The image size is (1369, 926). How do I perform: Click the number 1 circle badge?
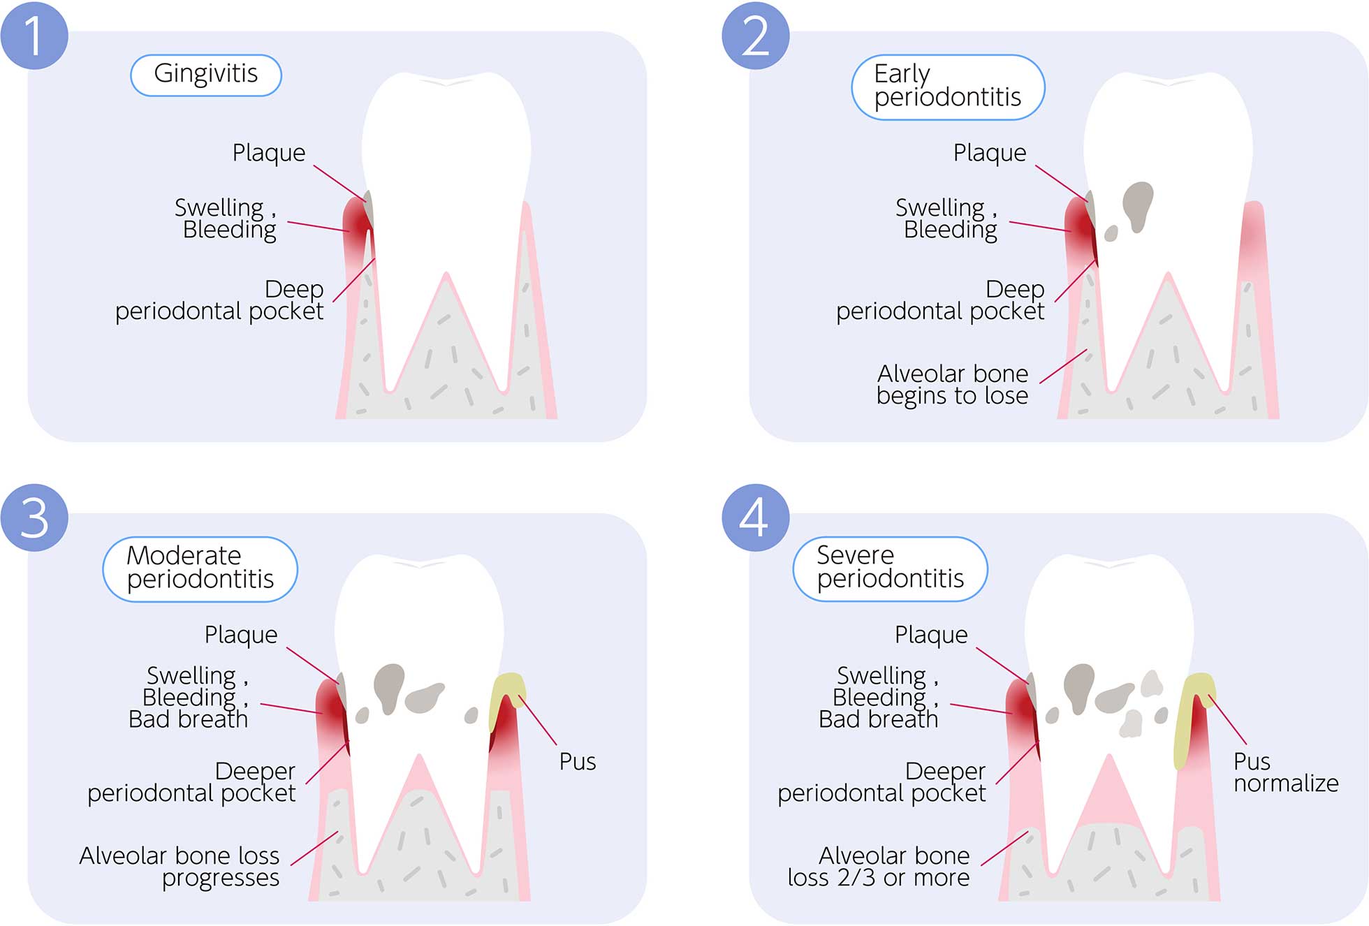tap(34, 35)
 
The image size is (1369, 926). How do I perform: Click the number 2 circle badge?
tap(755, 35)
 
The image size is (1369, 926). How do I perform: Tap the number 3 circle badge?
tap(34, 517)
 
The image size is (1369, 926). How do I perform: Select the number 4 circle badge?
tap(755, 517)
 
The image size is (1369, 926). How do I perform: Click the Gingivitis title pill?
tap(205, 75)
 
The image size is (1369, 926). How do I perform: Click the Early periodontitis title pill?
tap(947, 87)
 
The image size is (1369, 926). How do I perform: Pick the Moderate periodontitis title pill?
tap(200, 568)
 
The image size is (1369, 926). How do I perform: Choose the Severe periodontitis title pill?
tap(890, 568)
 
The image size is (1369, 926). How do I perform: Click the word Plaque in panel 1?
tap(269, 153)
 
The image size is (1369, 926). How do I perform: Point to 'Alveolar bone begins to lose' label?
tap(952, 385)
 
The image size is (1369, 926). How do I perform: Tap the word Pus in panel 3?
tap(577, 762)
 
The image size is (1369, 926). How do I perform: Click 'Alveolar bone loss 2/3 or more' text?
tap(879, 867)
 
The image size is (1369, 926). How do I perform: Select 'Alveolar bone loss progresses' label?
tap(180, 867)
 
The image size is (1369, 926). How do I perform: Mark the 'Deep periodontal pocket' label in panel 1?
tap(220, 300)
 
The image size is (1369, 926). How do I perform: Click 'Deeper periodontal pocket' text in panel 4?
tap(882, 782)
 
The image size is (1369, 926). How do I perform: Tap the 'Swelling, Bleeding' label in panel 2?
tap(946, 219)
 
